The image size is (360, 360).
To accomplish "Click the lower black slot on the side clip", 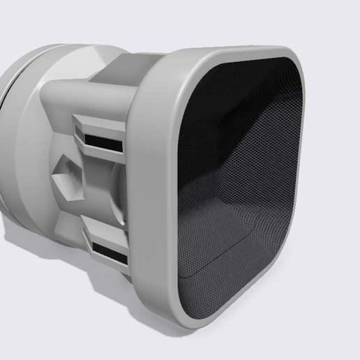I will [109, 253].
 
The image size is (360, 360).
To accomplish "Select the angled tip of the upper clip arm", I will [76, 129].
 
